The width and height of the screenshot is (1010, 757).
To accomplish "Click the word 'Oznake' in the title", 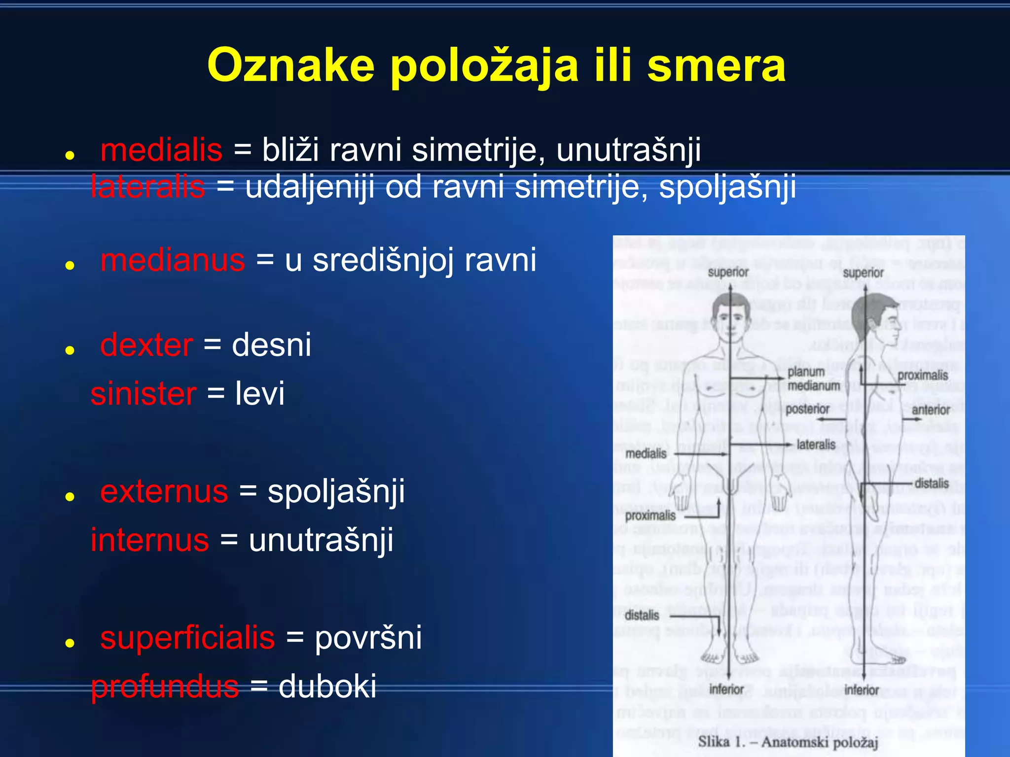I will pyautogui.click(x=291, y=66).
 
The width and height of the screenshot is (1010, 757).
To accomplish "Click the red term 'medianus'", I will pyautogui.click(x=173, y=260).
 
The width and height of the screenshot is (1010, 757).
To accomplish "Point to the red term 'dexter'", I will pyautogui.click(x=146, y=345).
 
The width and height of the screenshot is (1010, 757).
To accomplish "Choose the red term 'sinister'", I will pyautogui.click(x=144, y=394).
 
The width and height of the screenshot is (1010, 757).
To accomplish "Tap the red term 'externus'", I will pyautogui.click(x=164, y=491).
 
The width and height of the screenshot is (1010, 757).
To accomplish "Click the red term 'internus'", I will pyautogui.click(x=150, y=540).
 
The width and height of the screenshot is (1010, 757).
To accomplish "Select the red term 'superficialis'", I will pyautogui.click(x=187, y=638).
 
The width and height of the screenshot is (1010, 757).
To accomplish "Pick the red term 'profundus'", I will pyautogui.click(x=165, y=687).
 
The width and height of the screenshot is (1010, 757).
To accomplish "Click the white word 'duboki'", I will pyautogui.click(x=327, y=687).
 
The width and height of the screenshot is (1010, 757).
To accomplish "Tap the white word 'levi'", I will pyautogui.click(x=260, y=394).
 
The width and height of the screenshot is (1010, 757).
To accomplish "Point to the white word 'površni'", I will pyautogui.click(x=368, y=638).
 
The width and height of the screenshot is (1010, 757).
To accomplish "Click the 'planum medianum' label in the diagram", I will pyautogui.click(x=813, y=378).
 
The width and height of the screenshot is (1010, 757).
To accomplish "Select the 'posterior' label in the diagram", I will pyautogui.click(x=807, y=409).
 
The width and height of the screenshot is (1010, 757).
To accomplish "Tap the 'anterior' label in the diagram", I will pyautogui.click(x=931, y=410).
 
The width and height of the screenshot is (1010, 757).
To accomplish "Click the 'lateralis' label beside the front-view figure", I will pyautogui.click(x=816, y=445).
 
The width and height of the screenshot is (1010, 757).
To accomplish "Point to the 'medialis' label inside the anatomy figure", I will pyautogui.click(x=646, y=453).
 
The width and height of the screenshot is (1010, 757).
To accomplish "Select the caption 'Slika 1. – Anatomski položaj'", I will pyautogui.click(x=788, y=742).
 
